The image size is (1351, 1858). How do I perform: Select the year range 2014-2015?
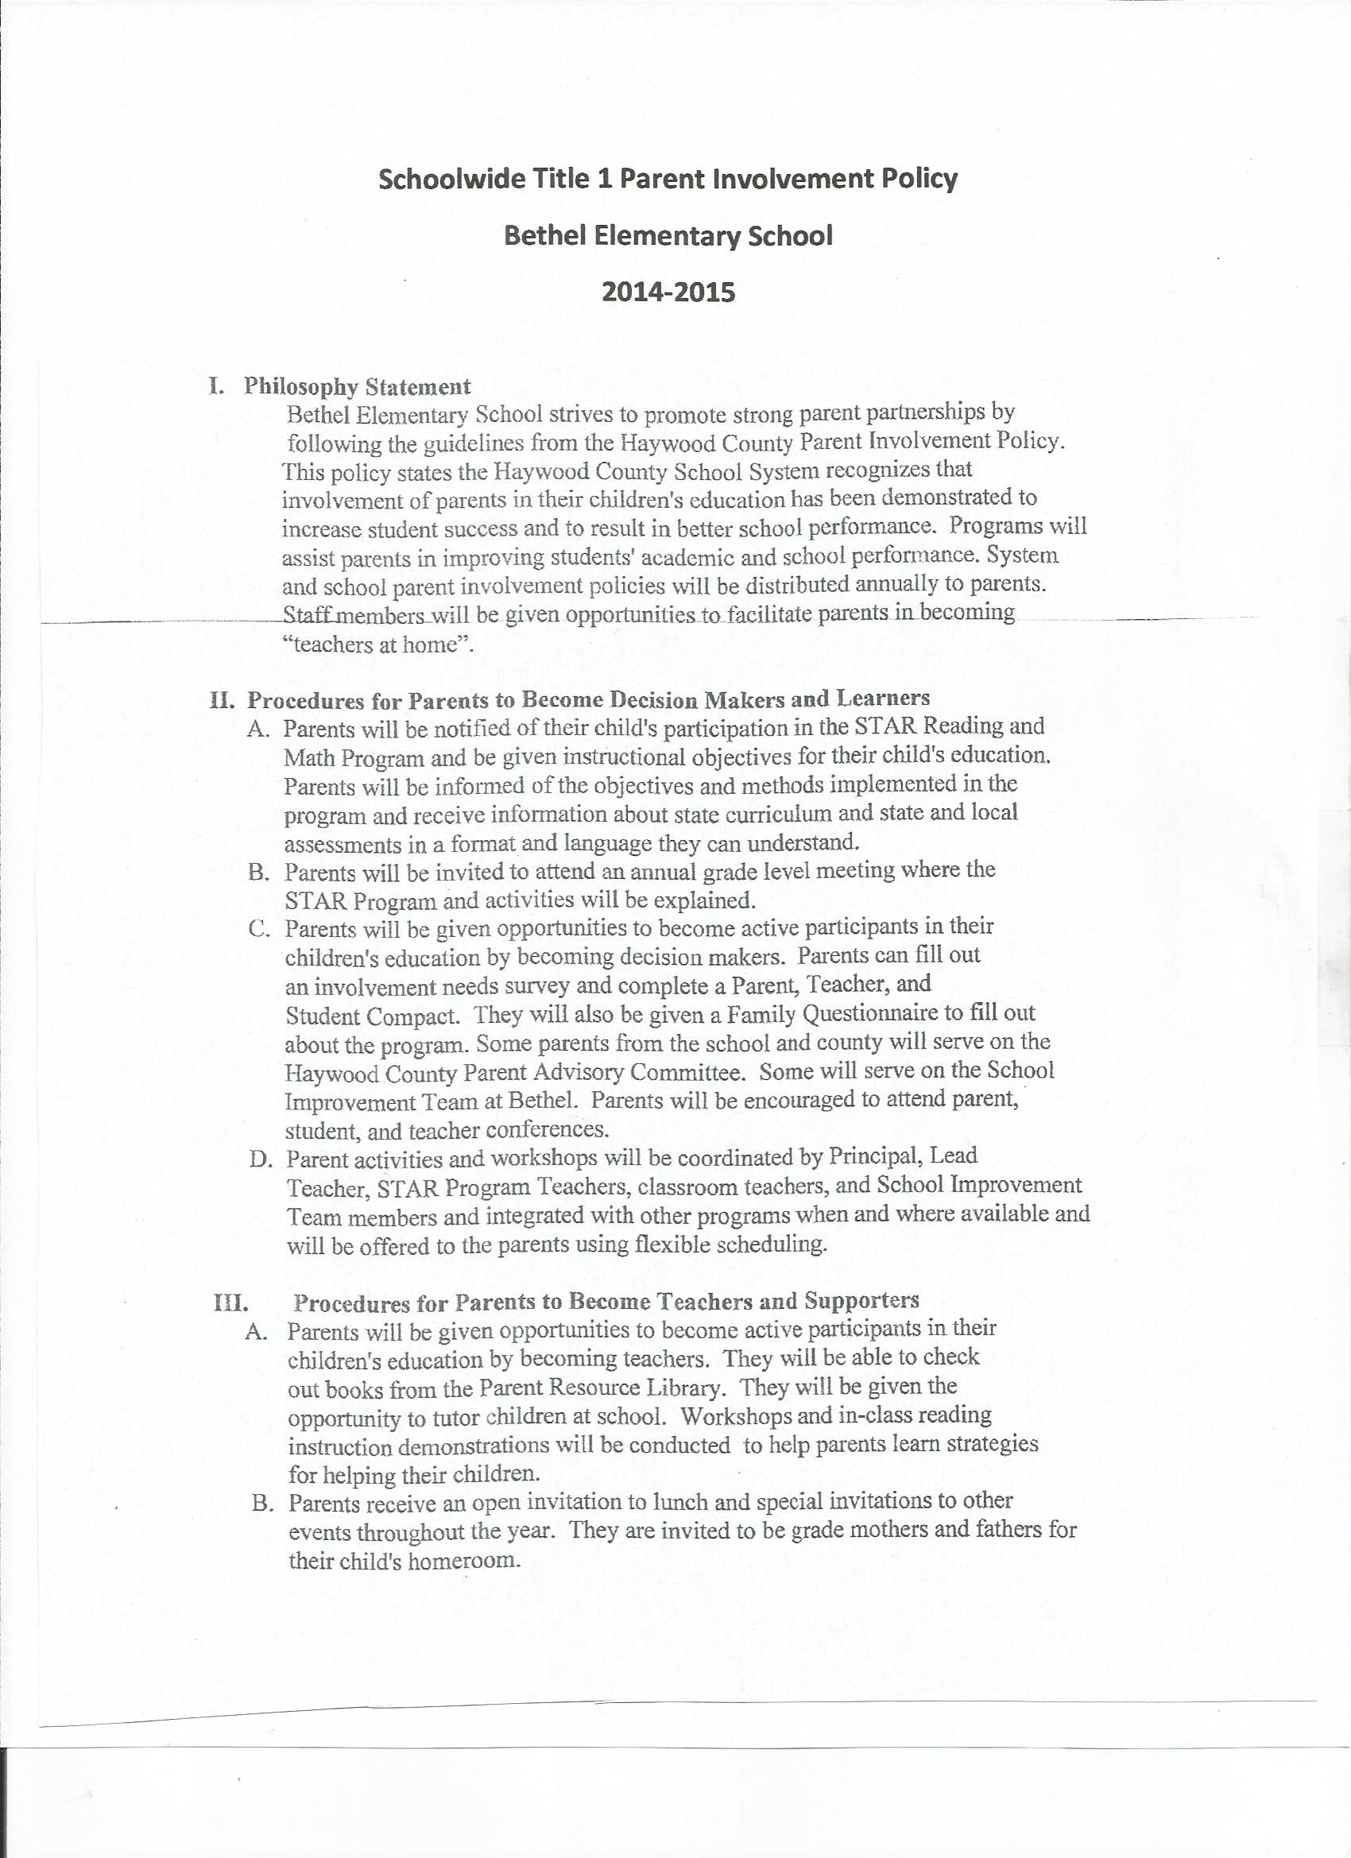[668, 292]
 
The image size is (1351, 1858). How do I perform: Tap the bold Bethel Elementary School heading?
[668, 237]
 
